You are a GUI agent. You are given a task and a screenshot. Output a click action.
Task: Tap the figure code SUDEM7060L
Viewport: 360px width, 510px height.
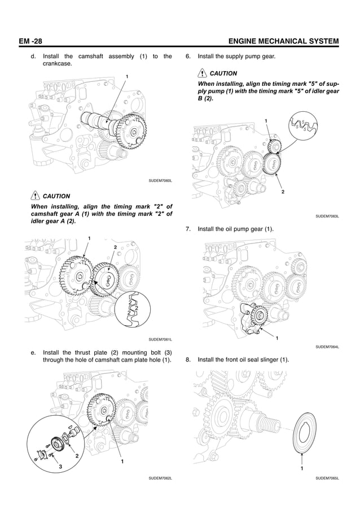point(160,180)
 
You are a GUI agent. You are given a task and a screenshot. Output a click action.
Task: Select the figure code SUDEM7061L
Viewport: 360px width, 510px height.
point(160,339)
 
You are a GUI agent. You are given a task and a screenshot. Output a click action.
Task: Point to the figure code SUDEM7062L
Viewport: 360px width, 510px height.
point(160,478)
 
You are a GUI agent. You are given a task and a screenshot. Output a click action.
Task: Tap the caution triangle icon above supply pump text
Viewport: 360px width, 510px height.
point(202,73)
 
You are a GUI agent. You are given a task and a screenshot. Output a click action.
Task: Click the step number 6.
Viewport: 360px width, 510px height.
point(188,57)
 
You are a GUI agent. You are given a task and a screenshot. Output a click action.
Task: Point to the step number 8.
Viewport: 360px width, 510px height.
point(188,359)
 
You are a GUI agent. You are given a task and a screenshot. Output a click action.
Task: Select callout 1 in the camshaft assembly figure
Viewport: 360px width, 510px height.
point(127,77)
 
